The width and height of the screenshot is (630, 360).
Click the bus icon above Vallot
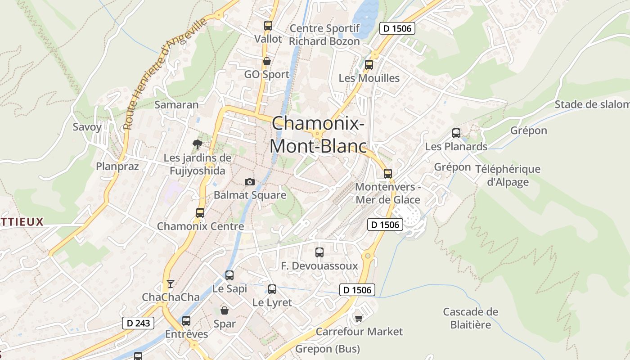268,26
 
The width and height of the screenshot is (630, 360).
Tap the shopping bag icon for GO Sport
267,61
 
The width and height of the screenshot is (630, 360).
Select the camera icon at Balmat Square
249,182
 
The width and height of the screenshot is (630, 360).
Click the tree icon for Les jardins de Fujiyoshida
197,144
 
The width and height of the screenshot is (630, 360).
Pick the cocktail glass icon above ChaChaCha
170,283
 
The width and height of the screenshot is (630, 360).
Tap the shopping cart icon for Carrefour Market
359,319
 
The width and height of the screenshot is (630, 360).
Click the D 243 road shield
138,323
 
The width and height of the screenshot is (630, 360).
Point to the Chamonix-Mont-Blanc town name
318,135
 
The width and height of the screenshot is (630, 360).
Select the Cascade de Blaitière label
470,318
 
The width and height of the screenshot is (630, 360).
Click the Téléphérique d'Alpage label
508,175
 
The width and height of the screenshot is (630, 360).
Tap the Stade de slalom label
592,104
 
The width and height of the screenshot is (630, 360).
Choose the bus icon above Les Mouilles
369,65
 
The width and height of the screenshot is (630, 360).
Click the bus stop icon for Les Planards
456,133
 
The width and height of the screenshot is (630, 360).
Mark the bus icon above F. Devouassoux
319,252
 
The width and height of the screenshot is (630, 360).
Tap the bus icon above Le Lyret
272,289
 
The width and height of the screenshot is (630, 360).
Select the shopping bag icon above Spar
224,310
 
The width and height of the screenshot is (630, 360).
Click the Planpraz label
117,166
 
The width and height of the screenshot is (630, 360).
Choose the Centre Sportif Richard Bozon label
324,35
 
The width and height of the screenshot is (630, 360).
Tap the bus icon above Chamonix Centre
200,213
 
